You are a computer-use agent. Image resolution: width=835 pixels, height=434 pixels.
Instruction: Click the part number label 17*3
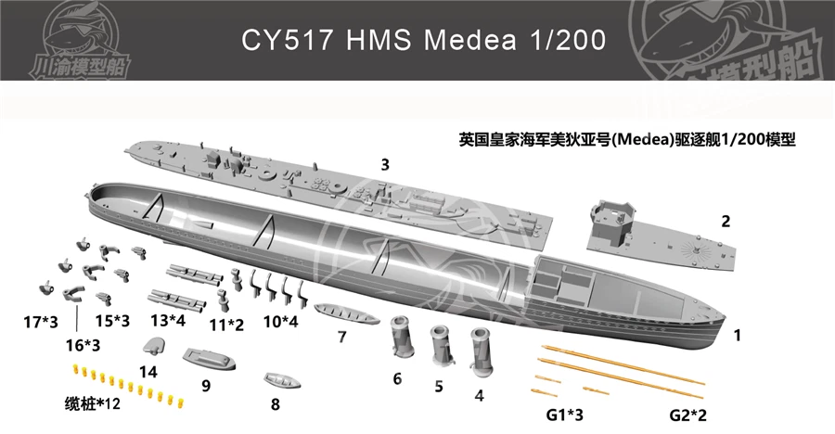(x=41, y=322)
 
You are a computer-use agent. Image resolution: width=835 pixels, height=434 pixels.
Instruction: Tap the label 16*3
(x=83, y=345)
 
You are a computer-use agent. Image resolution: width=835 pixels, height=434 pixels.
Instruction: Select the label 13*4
(x=168, y=320)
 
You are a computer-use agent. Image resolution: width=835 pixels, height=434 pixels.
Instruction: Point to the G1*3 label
(x=564, y=415)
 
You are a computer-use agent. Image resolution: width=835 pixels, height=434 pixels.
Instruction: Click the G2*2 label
(x=688, y=415)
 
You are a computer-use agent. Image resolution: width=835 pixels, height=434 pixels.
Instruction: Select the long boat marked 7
(x=347, y=313)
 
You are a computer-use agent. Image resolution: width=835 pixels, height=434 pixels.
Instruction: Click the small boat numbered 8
(x=282, y=380)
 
